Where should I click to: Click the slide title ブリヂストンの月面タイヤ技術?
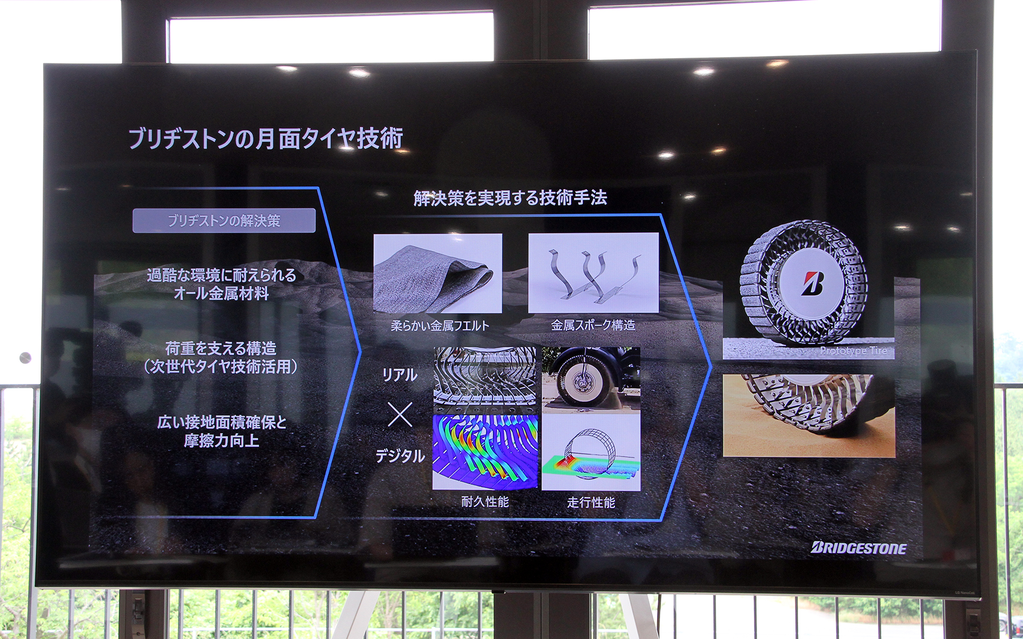(265, 139)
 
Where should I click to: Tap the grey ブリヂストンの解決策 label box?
(224, 220)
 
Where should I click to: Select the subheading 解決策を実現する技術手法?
(510, 198)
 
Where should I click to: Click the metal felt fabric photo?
(437, 273)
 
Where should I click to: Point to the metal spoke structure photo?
(593, 273)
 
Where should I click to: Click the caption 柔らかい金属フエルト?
(440, 325)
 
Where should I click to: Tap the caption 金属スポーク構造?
(593, 325)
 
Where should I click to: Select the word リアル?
(400, 375)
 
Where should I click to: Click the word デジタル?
(400, 456)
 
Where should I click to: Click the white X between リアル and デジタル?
(400, 415)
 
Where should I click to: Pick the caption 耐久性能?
(485, 502)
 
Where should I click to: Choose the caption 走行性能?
(591, 502)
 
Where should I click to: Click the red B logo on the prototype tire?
(813, 283)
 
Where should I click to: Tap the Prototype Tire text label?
(853, 350)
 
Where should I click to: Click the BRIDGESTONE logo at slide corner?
(858, 548)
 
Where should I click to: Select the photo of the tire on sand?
(809, 415)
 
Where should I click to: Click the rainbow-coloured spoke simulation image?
(485, 452)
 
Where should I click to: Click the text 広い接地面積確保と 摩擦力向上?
(222, 431)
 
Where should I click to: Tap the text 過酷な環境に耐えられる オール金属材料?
(222, 284)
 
